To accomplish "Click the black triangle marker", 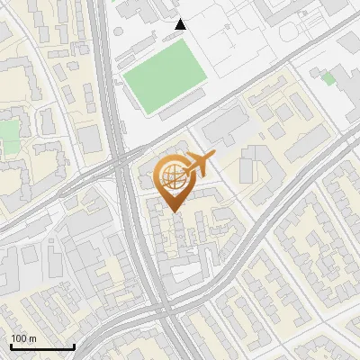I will click(180, 24).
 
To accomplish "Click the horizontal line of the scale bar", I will click(42, 346).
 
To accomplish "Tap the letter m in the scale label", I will click(32, 338).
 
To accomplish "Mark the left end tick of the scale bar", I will click(11, 345).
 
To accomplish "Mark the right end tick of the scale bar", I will click(74, 345).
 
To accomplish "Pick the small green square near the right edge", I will click(328, 78).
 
